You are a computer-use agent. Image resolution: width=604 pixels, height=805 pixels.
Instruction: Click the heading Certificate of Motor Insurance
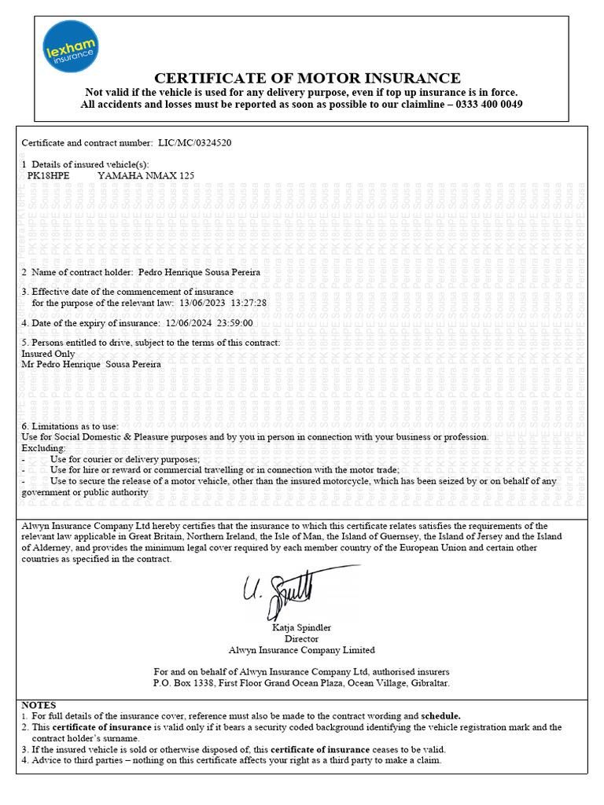pyautogui.click(x=307, y=78)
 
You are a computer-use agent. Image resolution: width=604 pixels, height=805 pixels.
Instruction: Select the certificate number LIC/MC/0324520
pyautogui.click(x=195, y=142)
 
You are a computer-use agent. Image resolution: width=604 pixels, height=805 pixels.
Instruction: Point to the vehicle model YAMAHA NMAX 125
pyautogui.click(x=145, y=175)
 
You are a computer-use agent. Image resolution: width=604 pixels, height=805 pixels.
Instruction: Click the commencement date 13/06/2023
pyautogui.click(x=201, y=303)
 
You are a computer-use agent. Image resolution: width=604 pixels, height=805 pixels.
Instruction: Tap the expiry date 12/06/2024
pyautogui.click(x=189, y=323)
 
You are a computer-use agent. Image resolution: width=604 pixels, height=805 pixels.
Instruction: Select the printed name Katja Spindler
pyautogui.click(x=301, y=627)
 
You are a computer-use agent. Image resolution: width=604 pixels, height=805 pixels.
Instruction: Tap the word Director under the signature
pyautogui.click(x=301, y=639)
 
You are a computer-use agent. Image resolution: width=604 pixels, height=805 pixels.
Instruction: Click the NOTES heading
pyautogui.click(x=39, y=705)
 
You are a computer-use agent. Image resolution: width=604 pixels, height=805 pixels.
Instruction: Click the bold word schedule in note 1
pyautogui.click(x=440, y=716)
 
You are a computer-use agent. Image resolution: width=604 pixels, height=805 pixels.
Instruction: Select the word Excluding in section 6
pyautogui.click(x=44, y=447)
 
